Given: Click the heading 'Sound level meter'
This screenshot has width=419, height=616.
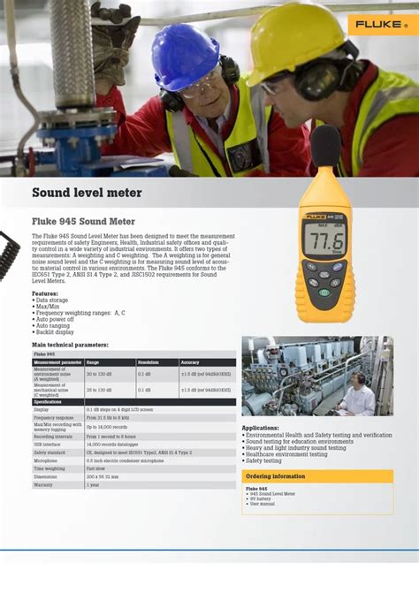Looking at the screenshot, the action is click(x=87, y=193).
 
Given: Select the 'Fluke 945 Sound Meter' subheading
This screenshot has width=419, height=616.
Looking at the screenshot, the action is click(x=83, y=221).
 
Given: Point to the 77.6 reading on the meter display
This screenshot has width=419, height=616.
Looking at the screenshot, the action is click(x=325, y=240).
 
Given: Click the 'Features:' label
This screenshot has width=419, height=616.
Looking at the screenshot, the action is click(x=45, y=293).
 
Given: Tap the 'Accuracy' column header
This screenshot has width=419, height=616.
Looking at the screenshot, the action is click(x=190, y=362).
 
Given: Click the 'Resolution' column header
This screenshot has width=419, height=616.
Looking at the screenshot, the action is click(x=148, y=362).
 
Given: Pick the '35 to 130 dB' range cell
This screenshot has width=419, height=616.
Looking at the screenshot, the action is click(x=99, y=389).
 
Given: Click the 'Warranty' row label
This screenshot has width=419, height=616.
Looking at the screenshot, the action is click(x=43, y=484).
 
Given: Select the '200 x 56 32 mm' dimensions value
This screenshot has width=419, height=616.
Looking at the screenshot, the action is click(x=103, y=476).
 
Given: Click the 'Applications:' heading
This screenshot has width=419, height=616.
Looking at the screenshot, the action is click(x=260, y=428).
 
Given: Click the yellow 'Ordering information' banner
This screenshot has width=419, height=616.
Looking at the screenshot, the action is click(x=317, y=476).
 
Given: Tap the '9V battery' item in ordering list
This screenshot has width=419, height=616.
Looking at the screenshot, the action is click(x=262, y=499).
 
